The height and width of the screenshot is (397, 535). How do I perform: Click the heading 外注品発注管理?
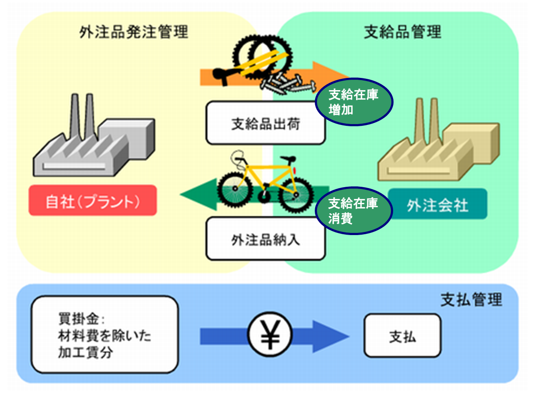[134, 32]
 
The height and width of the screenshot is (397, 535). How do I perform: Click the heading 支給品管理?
[402, 32]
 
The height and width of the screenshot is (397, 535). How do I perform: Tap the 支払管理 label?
[471, 299]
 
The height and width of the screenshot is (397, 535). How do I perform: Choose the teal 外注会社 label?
[437, 204]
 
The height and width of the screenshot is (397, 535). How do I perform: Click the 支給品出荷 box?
[265, 124]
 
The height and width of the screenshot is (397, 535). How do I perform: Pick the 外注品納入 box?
[265, 239]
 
